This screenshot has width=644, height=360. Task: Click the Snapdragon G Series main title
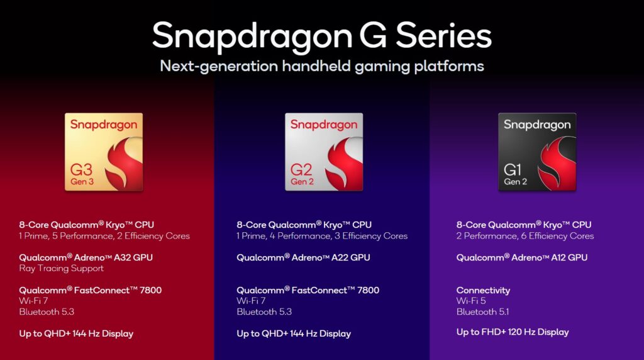[x=321, y=35]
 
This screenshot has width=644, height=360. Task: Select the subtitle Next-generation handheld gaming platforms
[x=321, y=65]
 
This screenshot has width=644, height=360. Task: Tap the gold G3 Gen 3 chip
[x=104, y=152]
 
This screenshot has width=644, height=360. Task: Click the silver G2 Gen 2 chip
[x=323, y=152]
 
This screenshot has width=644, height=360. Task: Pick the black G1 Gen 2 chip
[x=537, y=152]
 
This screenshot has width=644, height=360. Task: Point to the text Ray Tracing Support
[x=61, y=268]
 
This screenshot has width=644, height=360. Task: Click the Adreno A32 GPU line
[x=86, y=257]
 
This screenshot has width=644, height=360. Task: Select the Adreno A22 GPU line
[x=303, y=257]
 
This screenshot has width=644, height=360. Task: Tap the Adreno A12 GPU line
[x=523, y=257]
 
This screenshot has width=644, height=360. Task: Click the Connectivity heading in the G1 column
[x=483, y=290]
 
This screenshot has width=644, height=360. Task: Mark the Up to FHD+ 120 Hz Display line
[x=512, y=332]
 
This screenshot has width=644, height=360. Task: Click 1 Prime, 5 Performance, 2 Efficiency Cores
[x=104, y=236]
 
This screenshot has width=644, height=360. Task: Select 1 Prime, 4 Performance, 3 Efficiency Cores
[x=322, y=236]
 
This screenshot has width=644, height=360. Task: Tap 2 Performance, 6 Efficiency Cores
[x=525, y=236]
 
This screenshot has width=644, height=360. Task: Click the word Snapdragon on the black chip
[x=537, y=125]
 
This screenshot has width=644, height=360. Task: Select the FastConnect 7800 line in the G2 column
[x=308, y=290]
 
